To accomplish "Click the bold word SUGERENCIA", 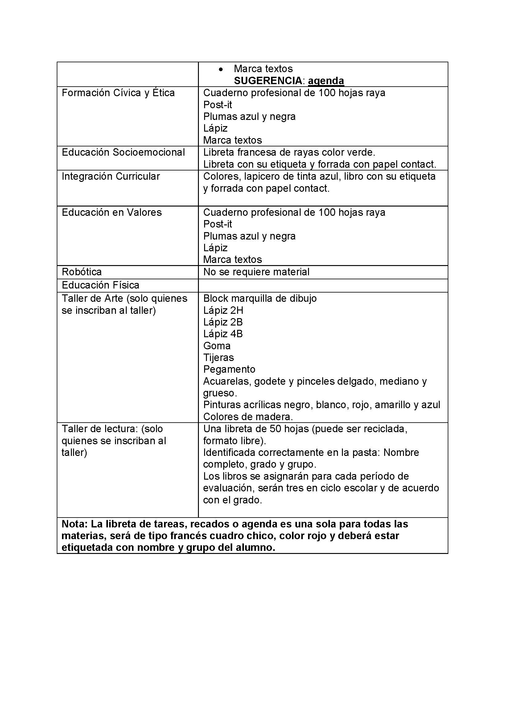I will click(x=268, y=81).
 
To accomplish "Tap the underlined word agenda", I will click(x=326, y=81).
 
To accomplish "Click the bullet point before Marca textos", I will click(x=221, y=69).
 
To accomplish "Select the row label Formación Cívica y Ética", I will click(x=118, y=93).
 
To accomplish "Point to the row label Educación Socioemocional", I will click(x=123, y=152).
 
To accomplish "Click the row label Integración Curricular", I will click(x=111, y=177).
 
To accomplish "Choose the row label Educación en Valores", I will click(x=112, y=213).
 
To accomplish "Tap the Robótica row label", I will click(x=82, y=272).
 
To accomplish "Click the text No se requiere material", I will click(x=256, y=272).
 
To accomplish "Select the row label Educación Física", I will click(x=101, y=285).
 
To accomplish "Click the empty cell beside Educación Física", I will click(x=323, y=285).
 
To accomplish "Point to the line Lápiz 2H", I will click(x=223, y=311).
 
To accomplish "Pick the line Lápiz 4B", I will click(x=223, y=334).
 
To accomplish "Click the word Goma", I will click(x=217, y=346).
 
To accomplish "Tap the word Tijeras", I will click(x=219, y=358).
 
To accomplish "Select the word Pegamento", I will click(x=229, y=369).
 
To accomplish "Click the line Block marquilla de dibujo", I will click(x=260, y=298).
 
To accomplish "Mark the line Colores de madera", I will click(x=248, y=417).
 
